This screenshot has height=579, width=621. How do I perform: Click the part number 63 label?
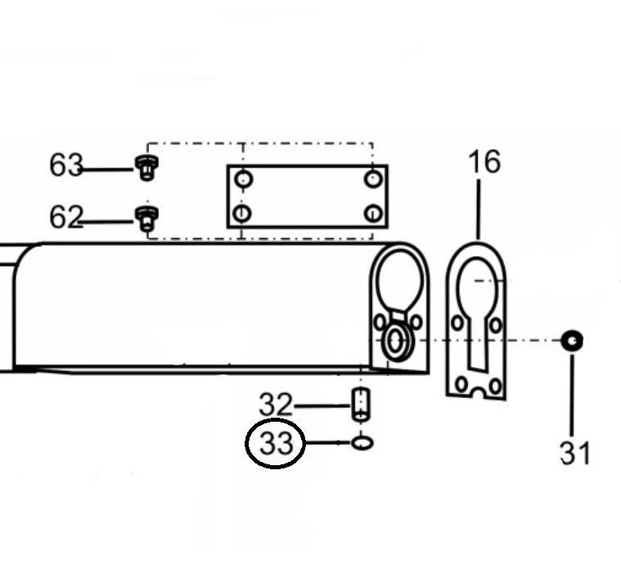point(66,165)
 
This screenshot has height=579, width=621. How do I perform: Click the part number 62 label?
point(66,217)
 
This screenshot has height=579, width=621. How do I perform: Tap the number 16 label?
point(484,162)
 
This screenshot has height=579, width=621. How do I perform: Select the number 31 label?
point(574,453)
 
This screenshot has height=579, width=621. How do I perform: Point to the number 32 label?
point(276,405)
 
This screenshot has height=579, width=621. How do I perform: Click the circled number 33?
point(275,443)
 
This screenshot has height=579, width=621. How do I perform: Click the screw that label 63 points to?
point(146,168)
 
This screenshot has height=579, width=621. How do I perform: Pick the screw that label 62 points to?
point(146,219)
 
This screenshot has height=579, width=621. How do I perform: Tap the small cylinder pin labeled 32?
point(361,405)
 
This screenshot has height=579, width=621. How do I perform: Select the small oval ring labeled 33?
point(362,443)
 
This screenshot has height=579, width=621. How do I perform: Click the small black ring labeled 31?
point(572,341)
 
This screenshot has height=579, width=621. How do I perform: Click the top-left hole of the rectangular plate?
point(243,179)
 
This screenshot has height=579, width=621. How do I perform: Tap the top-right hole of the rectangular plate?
point(372,179)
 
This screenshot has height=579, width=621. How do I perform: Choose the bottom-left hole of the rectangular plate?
point(242,213)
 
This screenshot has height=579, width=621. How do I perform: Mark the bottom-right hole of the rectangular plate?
point(372,213)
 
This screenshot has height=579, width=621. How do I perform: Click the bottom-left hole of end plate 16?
point(461,384)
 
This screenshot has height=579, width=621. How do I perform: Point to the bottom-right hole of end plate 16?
point(495,386)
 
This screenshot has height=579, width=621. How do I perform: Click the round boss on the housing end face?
point(394,342)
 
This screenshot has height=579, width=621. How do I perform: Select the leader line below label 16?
point(479,210)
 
